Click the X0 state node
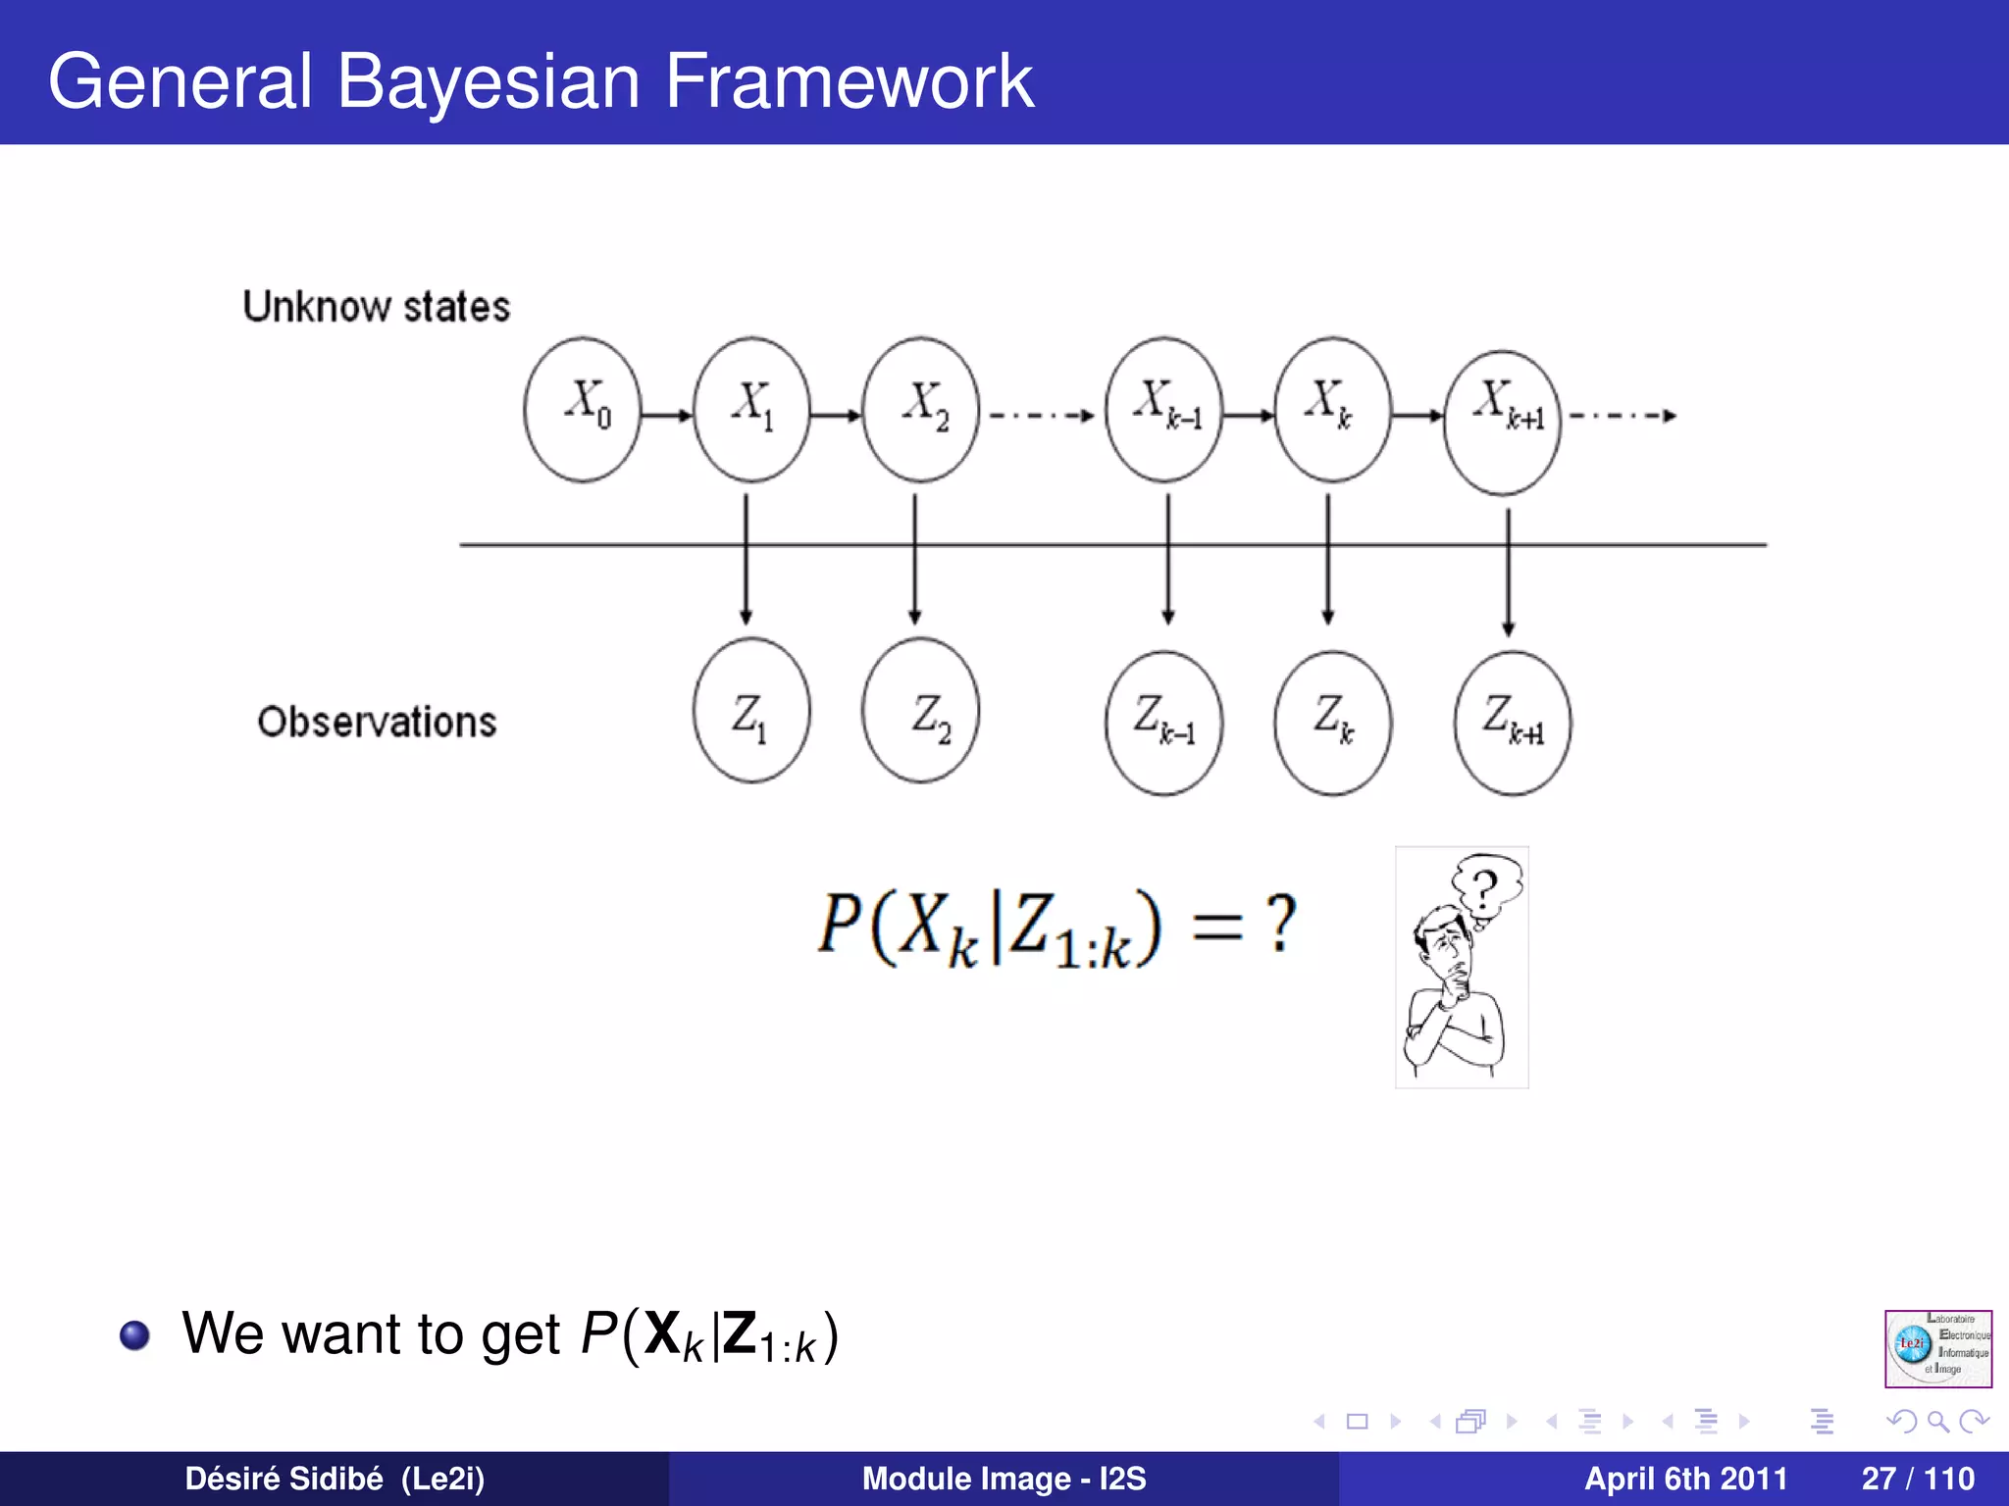(x=582, y=410)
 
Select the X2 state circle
(x=920, y=410)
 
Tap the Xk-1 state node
(x=1163, y=410)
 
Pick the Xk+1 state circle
(x=1502, y=422)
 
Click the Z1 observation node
(x=751, y=711)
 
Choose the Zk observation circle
(x=1332, y=723)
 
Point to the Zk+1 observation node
(x=1512, y=723)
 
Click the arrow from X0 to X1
(x=667, y=416)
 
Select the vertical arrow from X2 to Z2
(x=914, y=559)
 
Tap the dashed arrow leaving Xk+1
(x=1623, y=416)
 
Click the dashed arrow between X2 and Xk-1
(x=1042, y=416)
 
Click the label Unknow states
(x=377, y=307)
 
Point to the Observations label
(x=377, y=723)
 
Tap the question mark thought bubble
(x=1487, y=887)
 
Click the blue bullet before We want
(x=134, y=1335)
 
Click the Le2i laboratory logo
(x=1937, y=1348)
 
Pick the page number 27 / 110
(x=1917, y=1479)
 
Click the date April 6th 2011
(x=1685, y=1479)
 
